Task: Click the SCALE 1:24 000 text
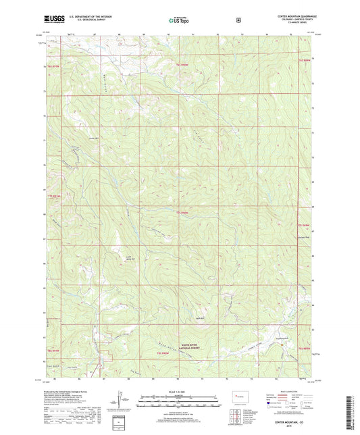(x=179, y=391)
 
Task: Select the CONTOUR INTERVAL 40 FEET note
(x=179, y=407)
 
